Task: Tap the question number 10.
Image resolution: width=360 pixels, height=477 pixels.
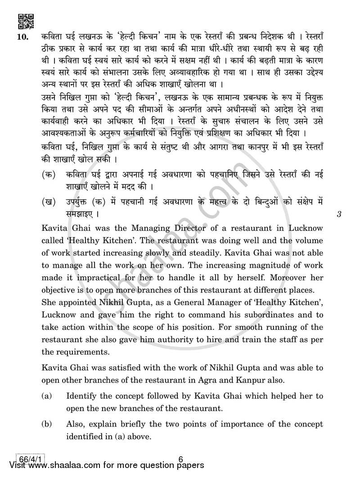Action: [22, 37]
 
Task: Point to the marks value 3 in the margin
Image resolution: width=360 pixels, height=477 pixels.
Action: [339, 215]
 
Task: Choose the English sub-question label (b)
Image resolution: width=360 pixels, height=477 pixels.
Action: [45, 424]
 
